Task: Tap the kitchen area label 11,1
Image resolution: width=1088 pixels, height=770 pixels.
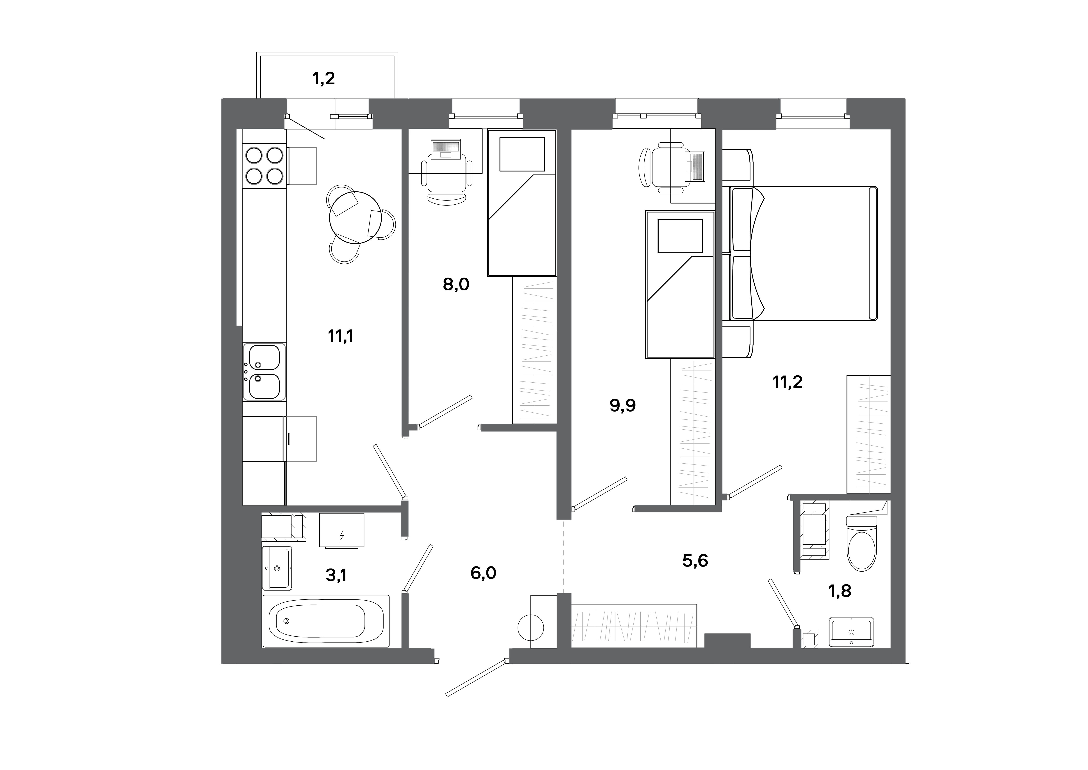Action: pyautogui.click(x=340, y=337)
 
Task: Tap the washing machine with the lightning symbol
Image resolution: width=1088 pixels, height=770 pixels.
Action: pyautogui.click(x=341, y=530)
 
